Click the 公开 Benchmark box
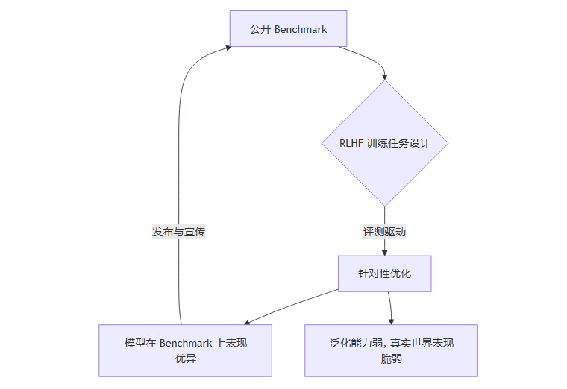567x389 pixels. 288,29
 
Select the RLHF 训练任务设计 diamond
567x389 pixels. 384,143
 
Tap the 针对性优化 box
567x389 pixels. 384,274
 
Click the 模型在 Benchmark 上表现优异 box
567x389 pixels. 185,350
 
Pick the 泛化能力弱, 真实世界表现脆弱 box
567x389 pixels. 391,350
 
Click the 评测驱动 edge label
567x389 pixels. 384,232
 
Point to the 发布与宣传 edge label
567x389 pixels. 179,232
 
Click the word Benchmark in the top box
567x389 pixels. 301,29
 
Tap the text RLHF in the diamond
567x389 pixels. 351,143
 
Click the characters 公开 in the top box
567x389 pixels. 261,29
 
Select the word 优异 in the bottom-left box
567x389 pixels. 185,358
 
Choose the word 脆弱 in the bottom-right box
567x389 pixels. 391,358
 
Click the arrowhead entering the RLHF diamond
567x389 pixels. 385,76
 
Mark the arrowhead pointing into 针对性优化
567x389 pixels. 384,252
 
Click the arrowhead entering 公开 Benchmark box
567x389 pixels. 227,47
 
